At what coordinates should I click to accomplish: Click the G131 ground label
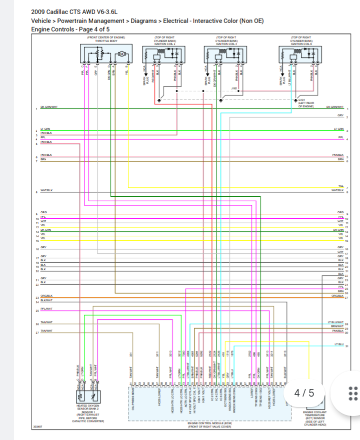(x=301, y=100)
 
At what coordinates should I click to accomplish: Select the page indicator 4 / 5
(x=304, y=393)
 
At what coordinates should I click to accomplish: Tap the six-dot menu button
(x=352, y=393)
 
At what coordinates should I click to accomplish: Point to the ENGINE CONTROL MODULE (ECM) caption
(x=209, y=425)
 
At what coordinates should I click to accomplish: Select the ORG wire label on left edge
(x=43, y=212)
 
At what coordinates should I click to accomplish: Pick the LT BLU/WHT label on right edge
(x=335, y=322)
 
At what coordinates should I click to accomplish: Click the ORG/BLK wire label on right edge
(x=337, y=296)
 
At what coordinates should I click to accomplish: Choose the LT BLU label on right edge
(x=338, y=344)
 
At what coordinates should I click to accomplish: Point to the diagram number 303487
(x=37, y=427)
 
